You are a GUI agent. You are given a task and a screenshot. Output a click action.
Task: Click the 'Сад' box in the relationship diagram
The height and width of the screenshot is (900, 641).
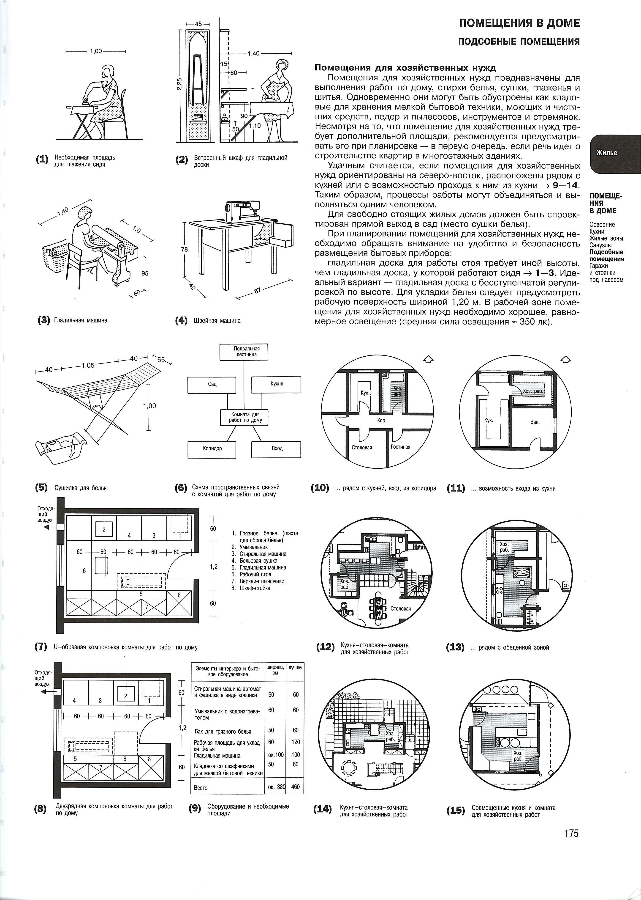pyautogui.click(x=212, y=384)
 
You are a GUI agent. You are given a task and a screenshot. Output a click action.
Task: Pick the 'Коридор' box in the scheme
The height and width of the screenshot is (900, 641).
pyautogui.click(x=212, y=449)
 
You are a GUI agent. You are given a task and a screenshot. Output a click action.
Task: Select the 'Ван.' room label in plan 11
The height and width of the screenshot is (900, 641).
pyautogui.click(x=535, y=422)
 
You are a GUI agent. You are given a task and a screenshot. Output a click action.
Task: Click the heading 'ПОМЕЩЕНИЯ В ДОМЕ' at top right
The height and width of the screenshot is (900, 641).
pyautogui.click(x=519, y=23)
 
